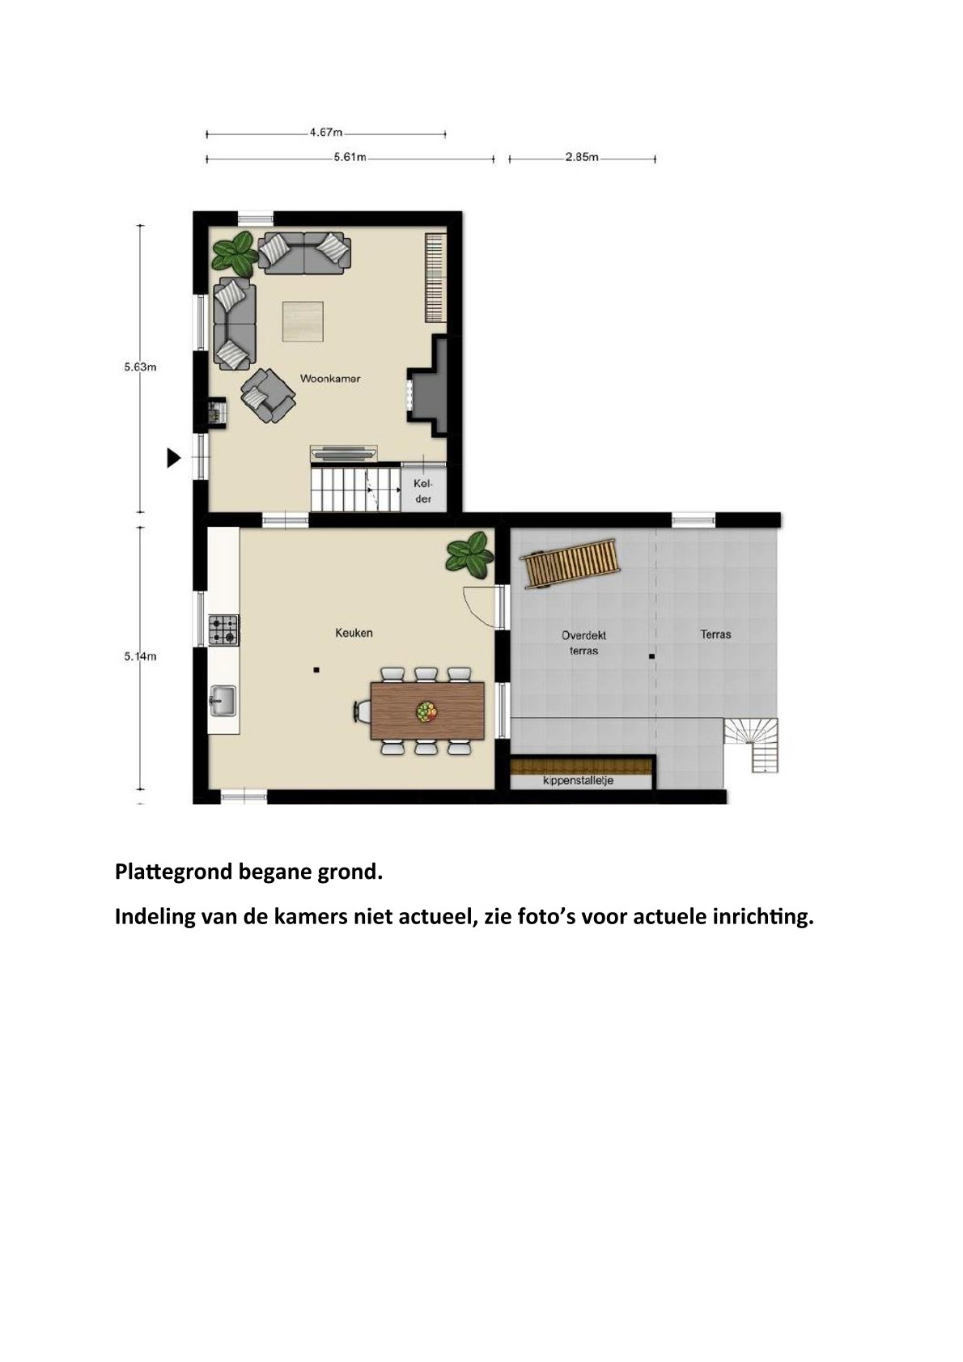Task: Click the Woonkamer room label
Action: click(x=330, y=378)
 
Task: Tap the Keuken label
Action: click(x=354, y=633)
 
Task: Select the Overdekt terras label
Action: click(x=583, y=643)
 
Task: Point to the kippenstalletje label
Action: click(x=578, y=780)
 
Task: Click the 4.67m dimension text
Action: click(x=326, y=132)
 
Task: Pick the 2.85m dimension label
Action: click(x=582, y=158)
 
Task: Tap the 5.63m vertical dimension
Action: click(x=141, y=367)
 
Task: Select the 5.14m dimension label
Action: click(x=141, y=656)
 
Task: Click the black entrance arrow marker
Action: click(x=174, y=458)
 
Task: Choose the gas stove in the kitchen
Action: click(x=223, y=630)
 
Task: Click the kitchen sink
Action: click(x=223, y=701)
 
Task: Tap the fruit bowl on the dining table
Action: click(x=426, y=711)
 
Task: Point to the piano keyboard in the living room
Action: click(x=436, y=278)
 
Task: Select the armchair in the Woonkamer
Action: click(x=268, y=395)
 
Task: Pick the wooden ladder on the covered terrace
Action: click(x=570, y=563)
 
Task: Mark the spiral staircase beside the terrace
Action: click(x=752, y=745)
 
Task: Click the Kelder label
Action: click(x=423, y=491)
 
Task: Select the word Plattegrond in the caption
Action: click(x=173, y=872)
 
